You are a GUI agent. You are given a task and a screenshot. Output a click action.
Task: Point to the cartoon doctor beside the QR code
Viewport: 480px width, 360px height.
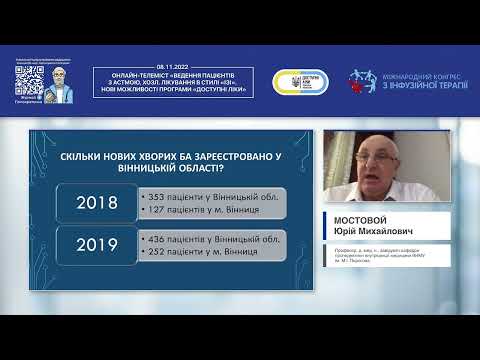(x=60, y=82)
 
